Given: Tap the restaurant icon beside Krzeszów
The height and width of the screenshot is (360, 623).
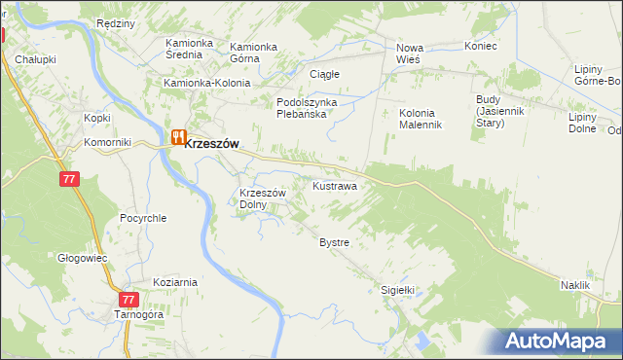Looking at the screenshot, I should (x=178, y=138).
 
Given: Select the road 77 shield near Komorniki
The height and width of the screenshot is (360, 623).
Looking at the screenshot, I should (x=68, y=180).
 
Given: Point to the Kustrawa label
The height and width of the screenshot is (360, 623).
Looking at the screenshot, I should (x=334, y=185).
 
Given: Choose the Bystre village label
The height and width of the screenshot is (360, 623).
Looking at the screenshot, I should (x=334, y=241).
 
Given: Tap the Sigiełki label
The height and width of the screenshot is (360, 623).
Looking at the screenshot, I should (x=397, y=289).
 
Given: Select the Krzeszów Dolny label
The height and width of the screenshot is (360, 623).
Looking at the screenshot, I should (x=262, y=198).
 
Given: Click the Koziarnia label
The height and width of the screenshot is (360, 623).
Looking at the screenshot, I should (x=175, y=282).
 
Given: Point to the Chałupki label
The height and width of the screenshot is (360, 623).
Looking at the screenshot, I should (x=35, y=59).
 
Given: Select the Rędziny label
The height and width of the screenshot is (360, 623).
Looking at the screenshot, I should (x=116, y=22).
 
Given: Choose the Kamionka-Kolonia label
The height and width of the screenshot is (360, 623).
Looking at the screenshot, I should (x=207, y=84).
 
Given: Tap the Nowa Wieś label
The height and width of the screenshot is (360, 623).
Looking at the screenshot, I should (x=414, y=54).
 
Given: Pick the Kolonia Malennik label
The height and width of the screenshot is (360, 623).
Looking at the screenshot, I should (x=421, y=119).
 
